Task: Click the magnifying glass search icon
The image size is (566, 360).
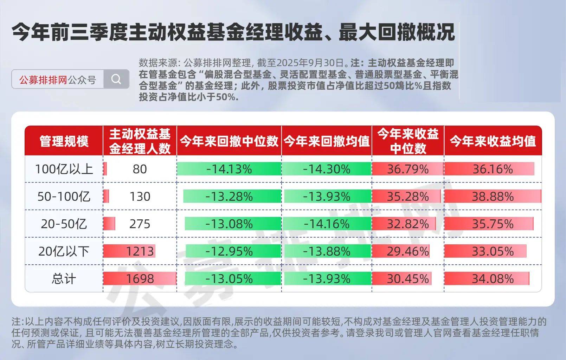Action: (116, 79)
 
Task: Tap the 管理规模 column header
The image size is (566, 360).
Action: (64, 141)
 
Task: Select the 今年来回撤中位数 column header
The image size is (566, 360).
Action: (229, 141)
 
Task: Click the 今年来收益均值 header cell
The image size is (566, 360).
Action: (493, 141)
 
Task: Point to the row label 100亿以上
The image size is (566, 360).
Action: (64, 169)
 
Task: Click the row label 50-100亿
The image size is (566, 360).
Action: (64, 197)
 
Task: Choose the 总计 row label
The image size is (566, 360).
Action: (64, 279)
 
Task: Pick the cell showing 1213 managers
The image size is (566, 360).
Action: (140, 251)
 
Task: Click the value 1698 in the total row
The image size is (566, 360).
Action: (140, 279)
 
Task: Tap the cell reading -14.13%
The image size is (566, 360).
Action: (229, 169)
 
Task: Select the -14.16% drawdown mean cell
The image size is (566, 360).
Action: (327, 224)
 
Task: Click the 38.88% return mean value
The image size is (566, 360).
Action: (493, 197)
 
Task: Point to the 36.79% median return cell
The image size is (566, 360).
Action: (408, 169)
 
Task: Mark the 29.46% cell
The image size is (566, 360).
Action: (408, 251)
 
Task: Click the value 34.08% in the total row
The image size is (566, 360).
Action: (493, 279)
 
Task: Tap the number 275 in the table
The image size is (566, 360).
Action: (140, 224)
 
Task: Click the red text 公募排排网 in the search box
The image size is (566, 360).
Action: (43, 80)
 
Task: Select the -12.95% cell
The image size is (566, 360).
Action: (229, 251)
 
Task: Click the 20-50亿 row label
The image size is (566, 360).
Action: (64, 224)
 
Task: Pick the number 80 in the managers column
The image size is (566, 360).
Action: (140, 169)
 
